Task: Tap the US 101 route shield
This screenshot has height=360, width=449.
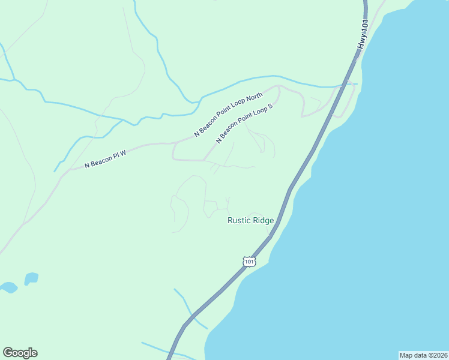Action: pos(249,261)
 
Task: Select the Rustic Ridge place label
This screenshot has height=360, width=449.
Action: pos(250,220)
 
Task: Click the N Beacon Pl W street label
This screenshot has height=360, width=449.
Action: pos(105,158)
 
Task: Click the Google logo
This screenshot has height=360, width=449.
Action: pos(20,353)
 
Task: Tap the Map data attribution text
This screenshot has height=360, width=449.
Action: pos(424,355)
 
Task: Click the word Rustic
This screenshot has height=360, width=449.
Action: pos(238,220)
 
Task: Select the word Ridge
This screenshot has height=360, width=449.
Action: pos(263,220)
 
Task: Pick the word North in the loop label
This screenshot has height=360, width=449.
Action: pos(255,98)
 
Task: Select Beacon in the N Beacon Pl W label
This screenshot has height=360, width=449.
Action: pos(101,160)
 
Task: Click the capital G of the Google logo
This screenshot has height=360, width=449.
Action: pos(8,352)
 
